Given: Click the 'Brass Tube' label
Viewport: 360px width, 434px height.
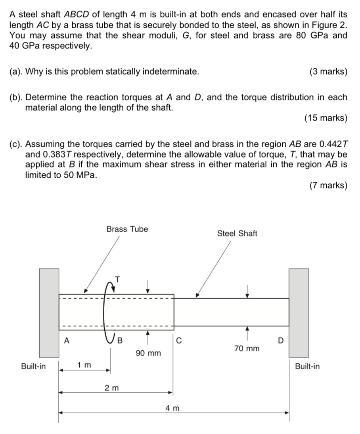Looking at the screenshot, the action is [x=127, y=229].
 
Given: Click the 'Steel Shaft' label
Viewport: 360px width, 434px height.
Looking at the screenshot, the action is [x=237, y=234].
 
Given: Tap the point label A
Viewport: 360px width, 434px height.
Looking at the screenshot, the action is [x=67, y=340].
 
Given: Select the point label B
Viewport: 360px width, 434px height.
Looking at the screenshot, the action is [x=121, y=340].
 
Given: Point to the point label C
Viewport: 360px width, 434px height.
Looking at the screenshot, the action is [x=179, y=340].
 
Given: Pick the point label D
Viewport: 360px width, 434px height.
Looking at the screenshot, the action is [x=281, y=340].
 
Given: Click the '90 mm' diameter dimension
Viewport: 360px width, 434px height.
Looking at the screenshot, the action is [x=148, y=353].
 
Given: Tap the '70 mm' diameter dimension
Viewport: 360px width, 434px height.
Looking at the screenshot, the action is [x=247, y=349].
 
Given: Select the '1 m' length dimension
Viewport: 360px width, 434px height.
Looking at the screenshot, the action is [x=84, y=365].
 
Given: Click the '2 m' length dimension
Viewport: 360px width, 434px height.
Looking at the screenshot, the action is [x=111, y=387].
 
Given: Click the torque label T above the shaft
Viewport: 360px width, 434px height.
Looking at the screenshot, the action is [x=117, y=279].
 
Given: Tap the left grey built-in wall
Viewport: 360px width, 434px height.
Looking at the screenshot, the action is [x=49, y=313].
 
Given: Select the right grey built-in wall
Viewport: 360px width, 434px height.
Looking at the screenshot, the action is [x=299, y=313].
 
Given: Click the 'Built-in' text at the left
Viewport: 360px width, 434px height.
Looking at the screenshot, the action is [x=33, y=367].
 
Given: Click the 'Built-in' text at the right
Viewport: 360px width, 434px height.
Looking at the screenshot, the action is [x=307, y=367].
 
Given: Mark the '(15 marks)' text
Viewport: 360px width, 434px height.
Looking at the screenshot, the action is [x=326, y=118].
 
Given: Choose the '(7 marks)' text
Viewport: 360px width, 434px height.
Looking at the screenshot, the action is [x=328, y=186].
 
